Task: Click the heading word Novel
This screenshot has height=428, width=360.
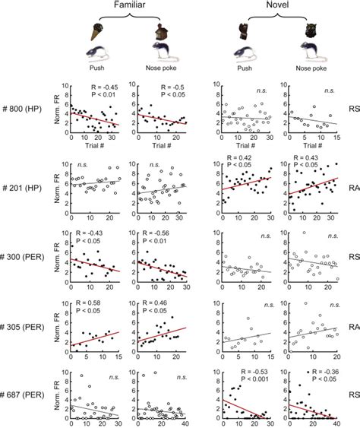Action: (x=280, y=7)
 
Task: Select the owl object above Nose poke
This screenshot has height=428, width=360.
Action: (x=310, y=32)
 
